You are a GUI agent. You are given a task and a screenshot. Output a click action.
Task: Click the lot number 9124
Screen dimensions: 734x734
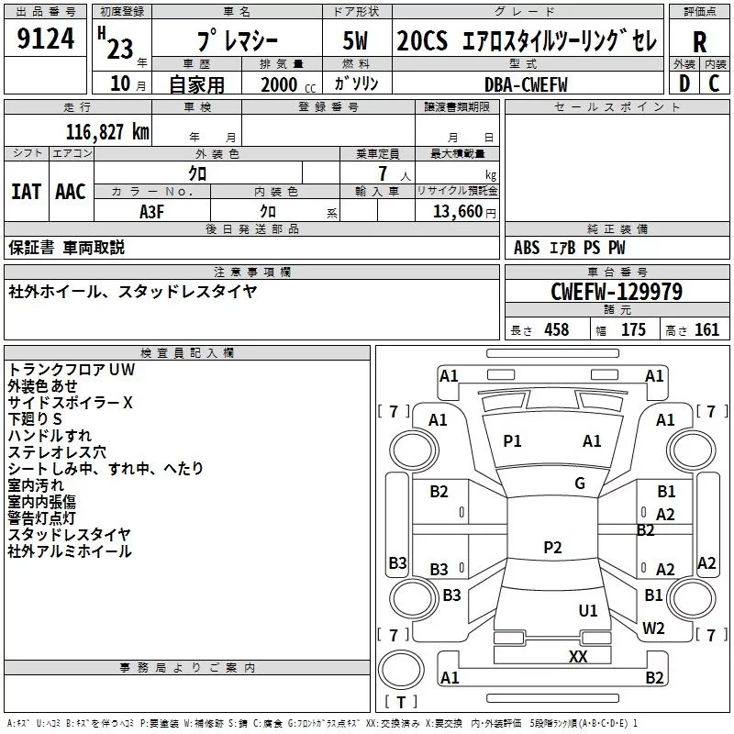(45, 39)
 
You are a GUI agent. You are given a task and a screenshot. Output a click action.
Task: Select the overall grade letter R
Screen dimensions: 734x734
(699, 42)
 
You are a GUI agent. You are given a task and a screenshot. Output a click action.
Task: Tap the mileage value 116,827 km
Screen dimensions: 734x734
(107, 132)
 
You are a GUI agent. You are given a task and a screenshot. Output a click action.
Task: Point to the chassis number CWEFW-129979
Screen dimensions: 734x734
(617, 292)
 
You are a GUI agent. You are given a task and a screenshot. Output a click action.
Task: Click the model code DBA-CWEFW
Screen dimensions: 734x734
(526, 84)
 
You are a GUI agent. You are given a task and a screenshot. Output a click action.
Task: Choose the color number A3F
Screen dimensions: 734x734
(151, 212)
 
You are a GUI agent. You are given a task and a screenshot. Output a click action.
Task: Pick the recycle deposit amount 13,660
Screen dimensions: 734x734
(457, 212)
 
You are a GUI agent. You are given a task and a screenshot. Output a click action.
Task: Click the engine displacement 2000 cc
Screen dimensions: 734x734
(288, 84)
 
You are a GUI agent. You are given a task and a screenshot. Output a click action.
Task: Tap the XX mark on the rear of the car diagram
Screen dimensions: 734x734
(578, 656)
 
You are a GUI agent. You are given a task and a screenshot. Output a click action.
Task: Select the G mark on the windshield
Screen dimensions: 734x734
(580, 484)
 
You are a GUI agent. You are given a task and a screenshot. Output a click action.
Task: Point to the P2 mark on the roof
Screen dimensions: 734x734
(552, 547)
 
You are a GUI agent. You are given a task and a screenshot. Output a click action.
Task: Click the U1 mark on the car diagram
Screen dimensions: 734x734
(588, 610)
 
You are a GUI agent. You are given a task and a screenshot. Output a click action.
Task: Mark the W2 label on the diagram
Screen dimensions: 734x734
(653, 628)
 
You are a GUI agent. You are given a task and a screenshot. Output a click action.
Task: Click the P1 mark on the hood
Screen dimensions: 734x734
(512, 441)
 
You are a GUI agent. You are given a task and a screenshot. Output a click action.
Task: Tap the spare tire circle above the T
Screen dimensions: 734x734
(401, 670)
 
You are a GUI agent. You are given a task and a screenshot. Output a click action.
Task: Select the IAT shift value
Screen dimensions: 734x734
(27, 192)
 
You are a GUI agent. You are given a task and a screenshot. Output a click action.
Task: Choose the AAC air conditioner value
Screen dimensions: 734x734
(71, 192)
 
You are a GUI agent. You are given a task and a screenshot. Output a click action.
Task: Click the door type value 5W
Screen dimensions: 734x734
(355, 40)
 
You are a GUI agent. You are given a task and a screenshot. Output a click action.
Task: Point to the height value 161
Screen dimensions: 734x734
(706, 329)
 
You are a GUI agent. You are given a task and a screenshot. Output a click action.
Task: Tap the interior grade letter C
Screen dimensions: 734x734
(714, 83)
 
